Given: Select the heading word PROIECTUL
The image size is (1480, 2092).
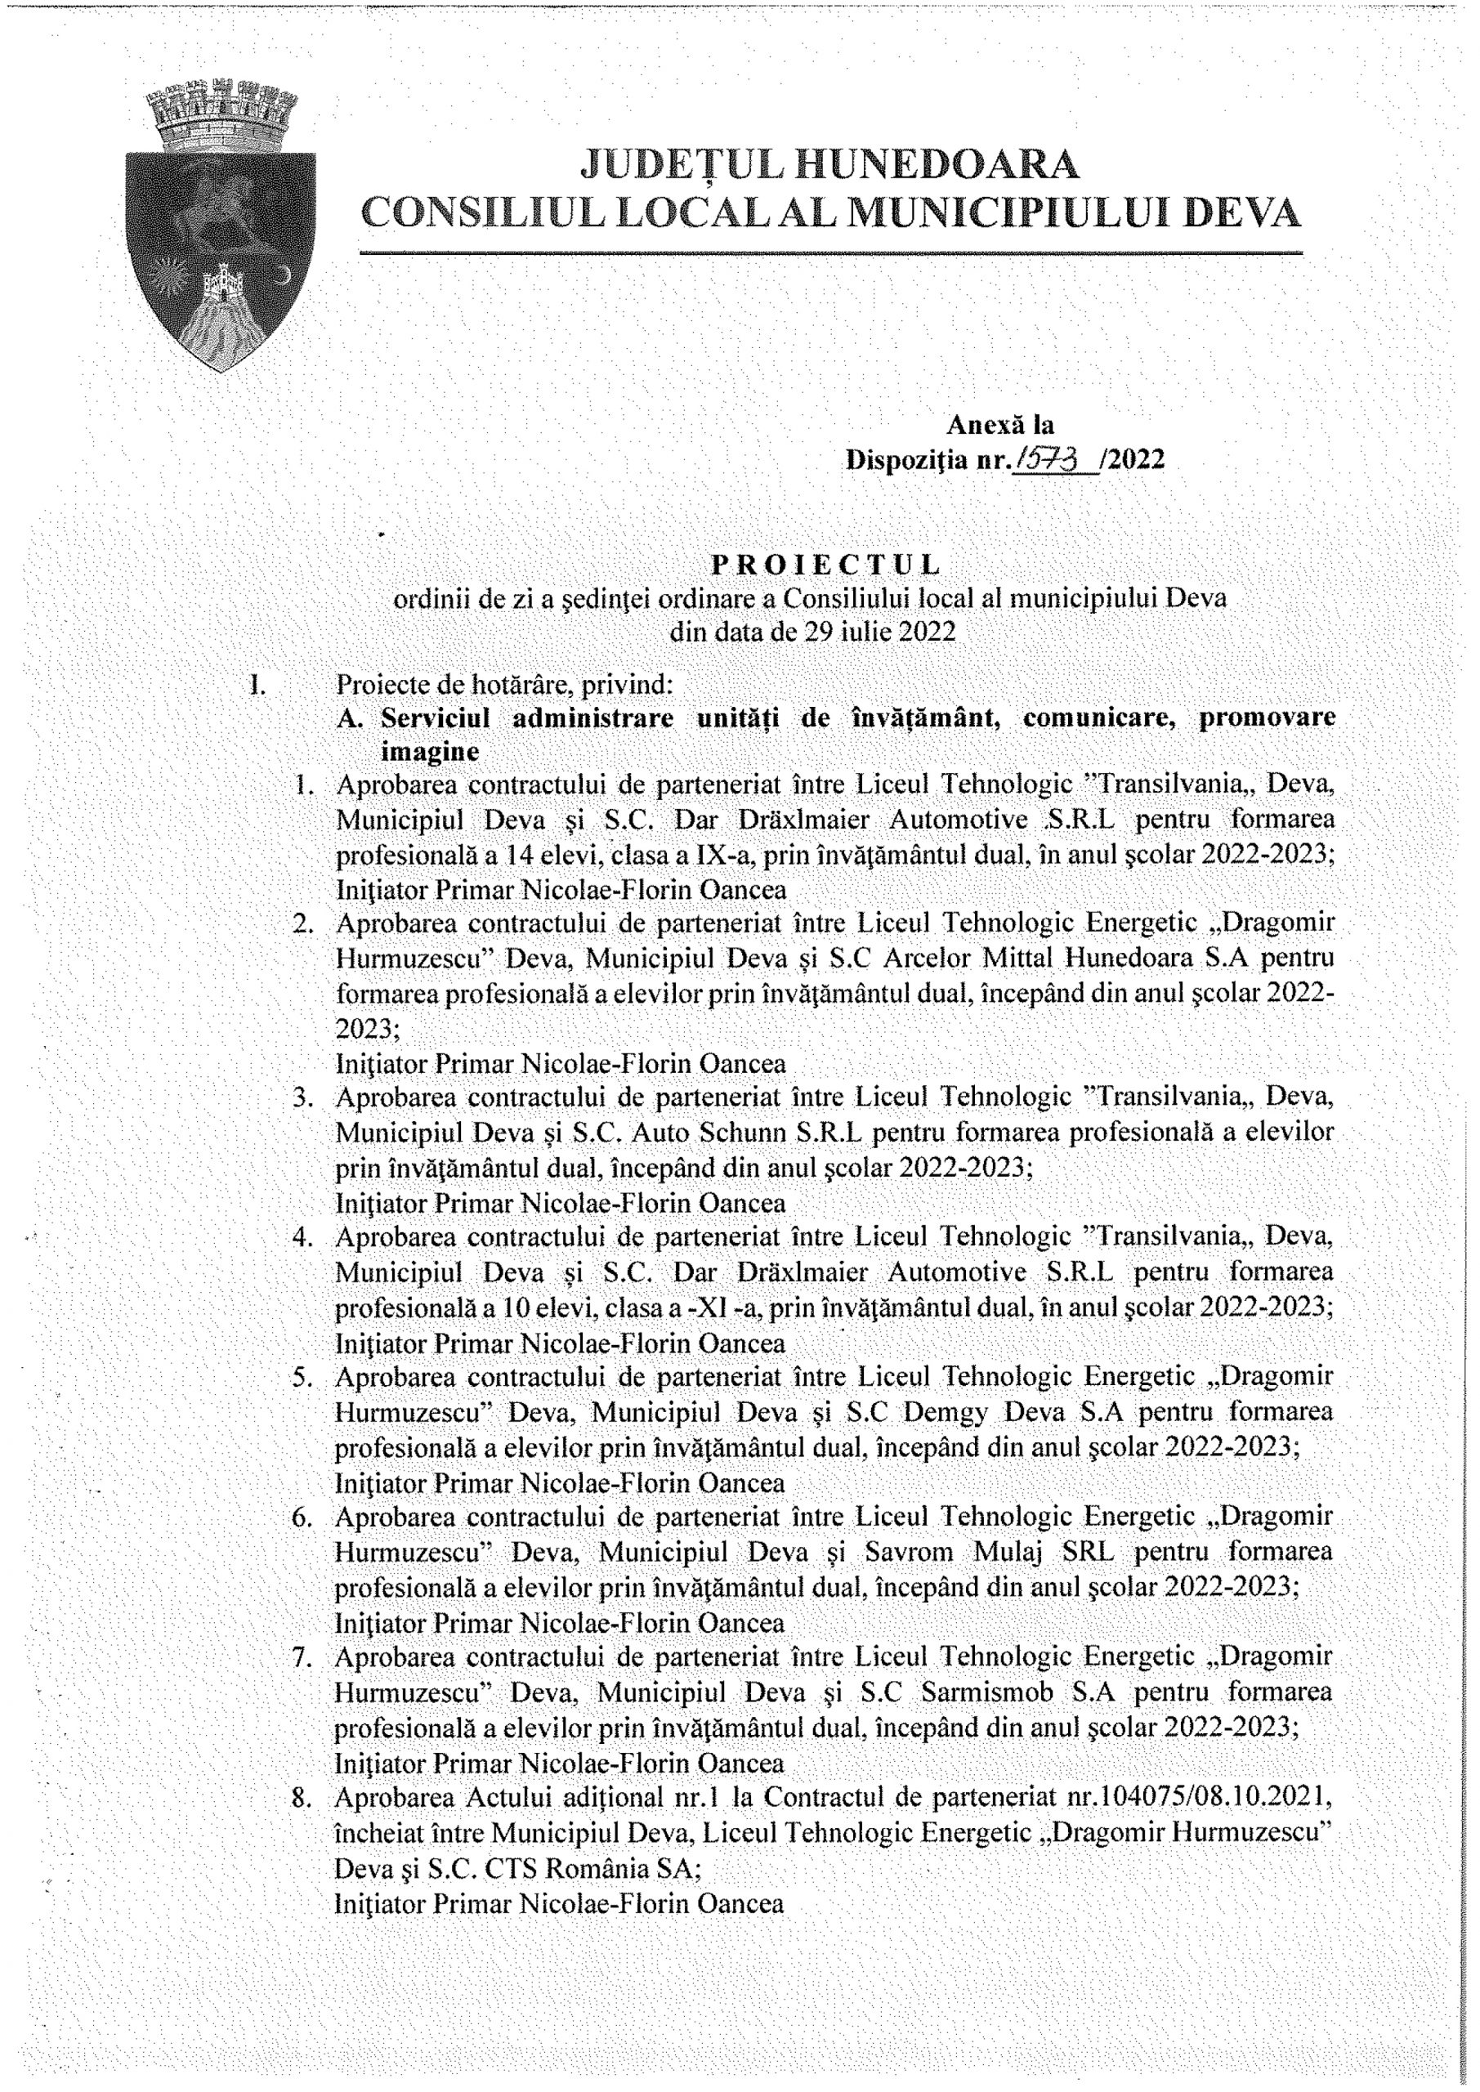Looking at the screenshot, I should coord(825,565).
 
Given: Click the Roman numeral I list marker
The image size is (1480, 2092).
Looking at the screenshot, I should coord(257,682).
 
